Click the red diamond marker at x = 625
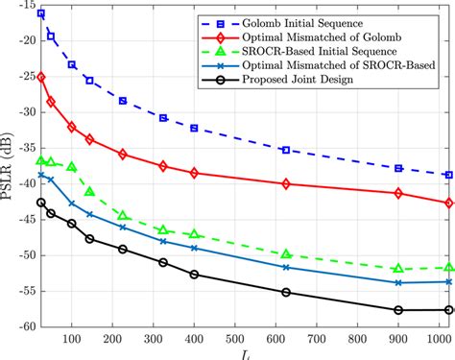(286, 183)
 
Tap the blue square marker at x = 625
(286, 150)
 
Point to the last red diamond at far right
(450, 203)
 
